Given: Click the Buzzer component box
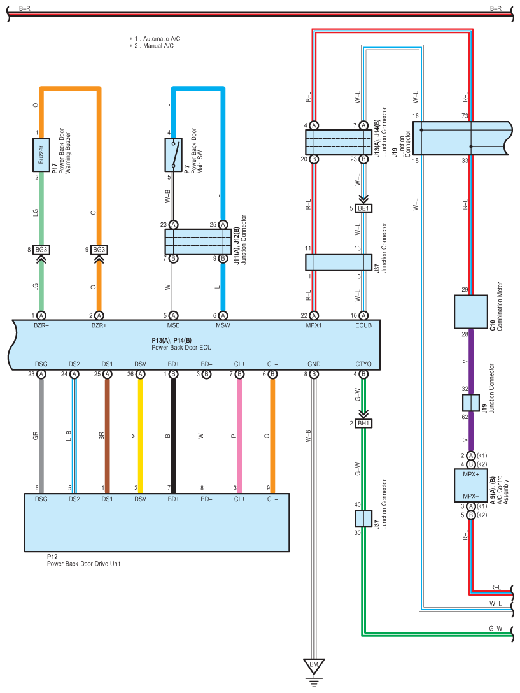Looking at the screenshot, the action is point(41,155).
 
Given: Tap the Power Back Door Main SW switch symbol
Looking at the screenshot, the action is point(174,155).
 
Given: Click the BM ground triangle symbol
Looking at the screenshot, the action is point(314,666).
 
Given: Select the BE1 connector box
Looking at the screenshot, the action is point(363,208).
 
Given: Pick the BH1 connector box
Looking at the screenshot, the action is point(363,424).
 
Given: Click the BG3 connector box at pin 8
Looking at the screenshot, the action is point(41,250).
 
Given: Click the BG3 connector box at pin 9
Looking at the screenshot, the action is point(99,250).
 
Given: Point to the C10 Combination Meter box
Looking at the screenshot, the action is point(471,312).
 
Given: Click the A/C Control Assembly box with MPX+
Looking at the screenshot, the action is point(471,485).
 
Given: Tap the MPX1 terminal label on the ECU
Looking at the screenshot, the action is point(314,325).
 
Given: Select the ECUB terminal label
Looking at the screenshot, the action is point(363,325).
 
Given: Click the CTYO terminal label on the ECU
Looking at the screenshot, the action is point(363,364).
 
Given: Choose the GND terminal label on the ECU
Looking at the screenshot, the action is point(314,364).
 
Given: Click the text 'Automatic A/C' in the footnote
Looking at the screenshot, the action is point(162,39).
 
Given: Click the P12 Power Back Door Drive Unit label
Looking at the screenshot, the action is point(83,561).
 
